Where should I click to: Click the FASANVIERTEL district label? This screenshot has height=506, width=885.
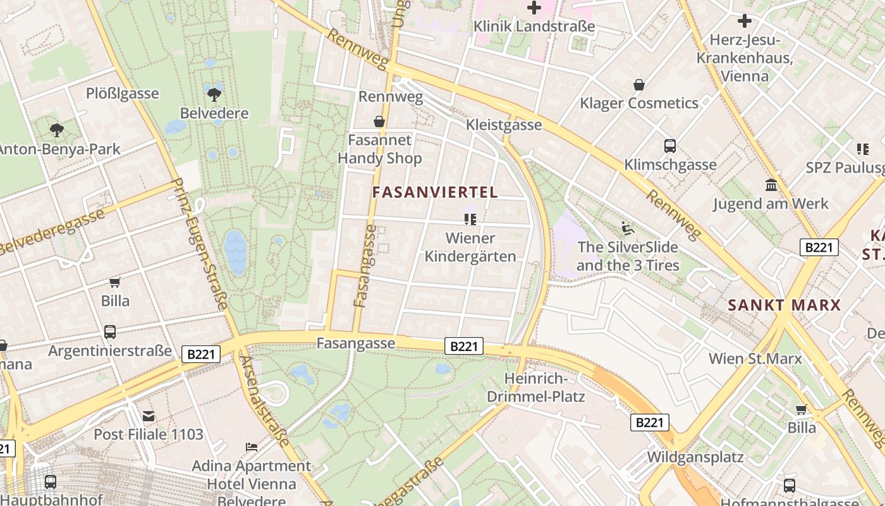tap(435, 192)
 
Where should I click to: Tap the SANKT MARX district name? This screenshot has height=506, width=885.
tap(784, 305)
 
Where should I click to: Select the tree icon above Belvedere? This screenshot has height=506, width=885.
tap(214, 95)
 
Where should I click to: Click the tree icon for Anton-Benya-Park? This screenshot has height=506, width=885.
tap(57, 130)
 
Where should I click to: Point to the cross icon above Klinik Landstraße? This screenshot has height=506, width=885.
tap(534, 8)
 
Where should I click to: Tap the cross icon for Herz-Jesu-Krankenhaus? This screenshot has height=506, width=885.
tap(745, 21)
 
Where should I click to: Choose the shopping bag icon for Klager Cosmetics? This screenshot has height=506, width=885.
tap(639, 85)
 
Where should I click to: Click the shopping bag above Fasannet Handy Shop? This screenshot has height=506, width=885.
tap(379, 121)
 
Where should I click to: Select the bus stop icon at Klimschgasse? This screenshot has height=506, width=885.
tap(670, 146)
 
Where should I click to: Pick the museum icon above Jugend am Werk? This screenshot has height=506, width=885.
tap(771, 185)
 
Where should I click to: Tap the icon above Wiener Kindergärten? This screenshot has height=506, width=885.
tap(470, 219)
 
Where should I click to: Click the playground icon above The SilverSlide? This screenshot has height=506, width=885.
tap(627, 228)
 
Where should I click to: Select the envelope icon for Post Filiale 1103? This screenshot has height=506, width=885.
tap(149, 416)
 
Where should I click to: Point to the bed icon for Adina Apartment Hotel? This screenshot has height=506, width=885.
tap(252, 447)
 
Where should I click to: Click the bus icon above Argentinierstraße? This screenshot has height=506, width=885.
tap(110, 332)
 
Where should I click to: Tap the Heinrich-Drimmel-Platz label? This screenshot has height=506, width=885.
tap(535, 388)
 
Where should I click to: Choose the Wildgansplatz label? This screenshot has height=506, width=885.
tap(695, 457)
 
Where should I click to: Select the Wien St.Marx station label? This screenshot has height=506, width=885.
tap(755, 359)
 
